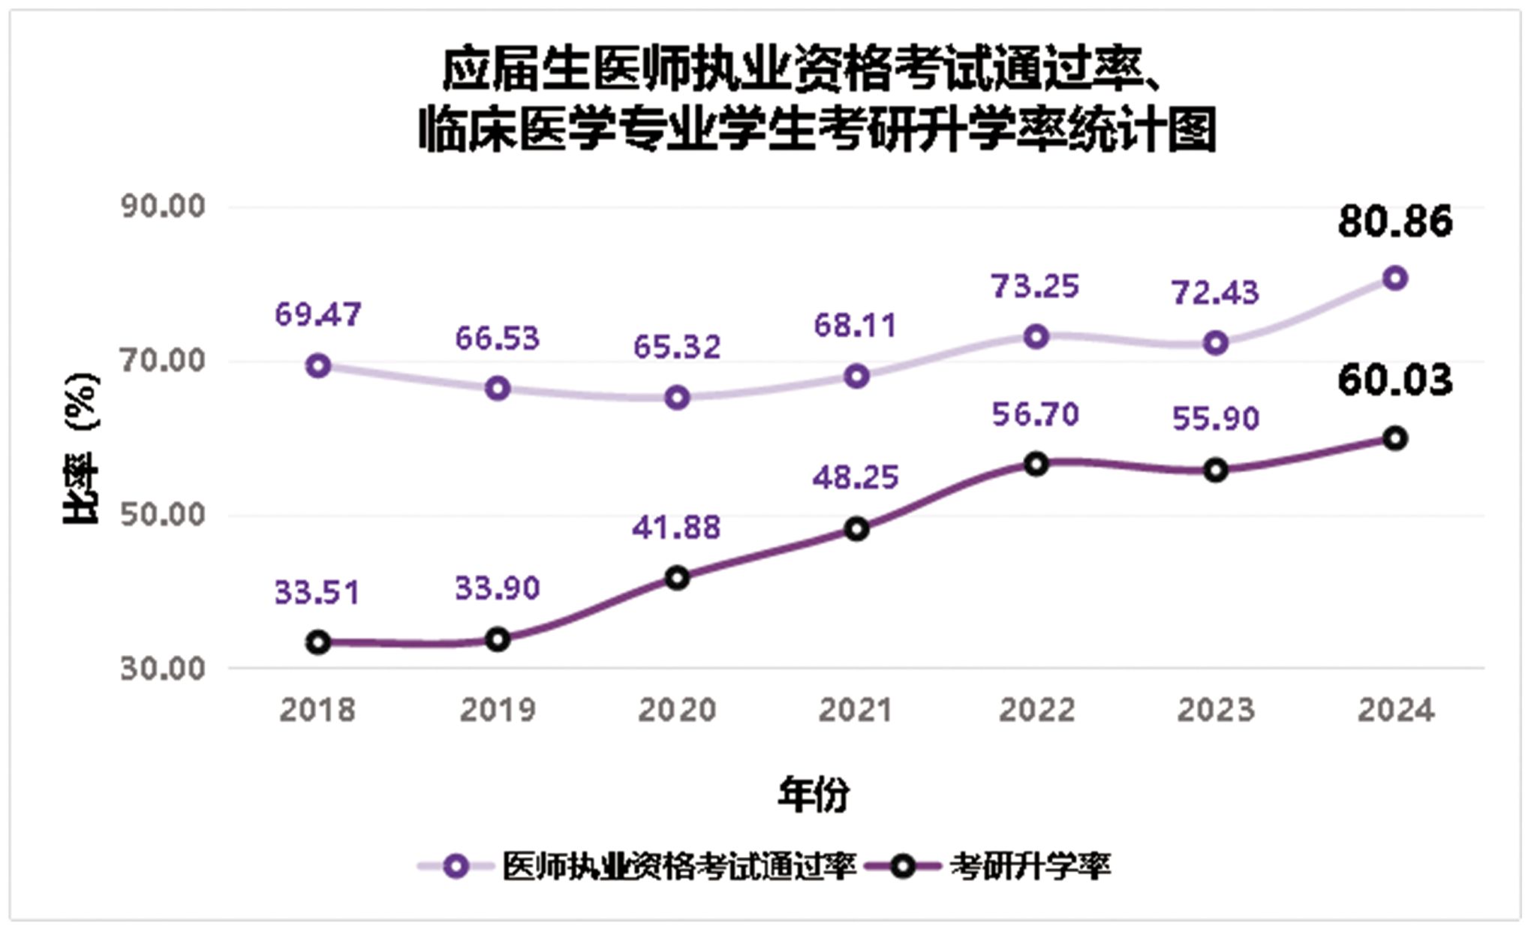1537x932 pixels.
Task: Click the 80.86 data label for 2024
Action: click(1394, 222)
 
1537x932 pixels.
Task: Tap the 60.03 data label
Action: click(1394, 380)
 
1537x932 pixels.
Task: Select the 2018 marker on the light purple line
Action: click(318, 366)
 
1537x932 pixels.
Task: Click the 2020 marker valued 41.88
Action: click(677, 578)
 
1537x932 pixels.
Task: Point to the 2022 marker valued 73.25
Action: click(1036, 337)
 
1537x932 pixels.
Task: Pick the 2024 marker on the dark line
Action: click(1394, 439)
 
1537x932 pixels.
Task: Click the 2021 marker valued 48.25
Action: click(856, 529)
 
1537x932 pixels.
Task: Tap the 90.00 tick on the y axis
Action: click(163, 206)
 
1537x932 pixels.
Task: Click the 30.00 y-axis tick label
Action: click(163, 668)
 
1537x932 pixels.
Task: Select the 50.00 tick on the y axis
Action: click(163, 515)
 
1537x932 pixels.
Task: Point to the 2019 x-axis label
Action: click(498, 710)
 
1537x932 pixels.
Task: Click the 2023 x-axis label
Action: click(1215, 710)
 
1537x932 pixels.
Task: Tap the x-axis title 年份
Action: click(814, 795)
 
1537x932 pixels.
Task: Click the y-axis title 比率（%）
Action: click(81, 448)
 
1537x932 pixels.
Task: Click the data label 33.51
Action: click(317, 593)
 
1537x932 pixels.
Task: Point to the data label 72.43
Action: click(1215, 293)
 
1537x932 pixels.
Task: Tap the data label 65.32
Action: click(677, 347)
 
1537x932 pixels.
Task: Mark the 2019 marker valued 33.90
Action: click(498, 640)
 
